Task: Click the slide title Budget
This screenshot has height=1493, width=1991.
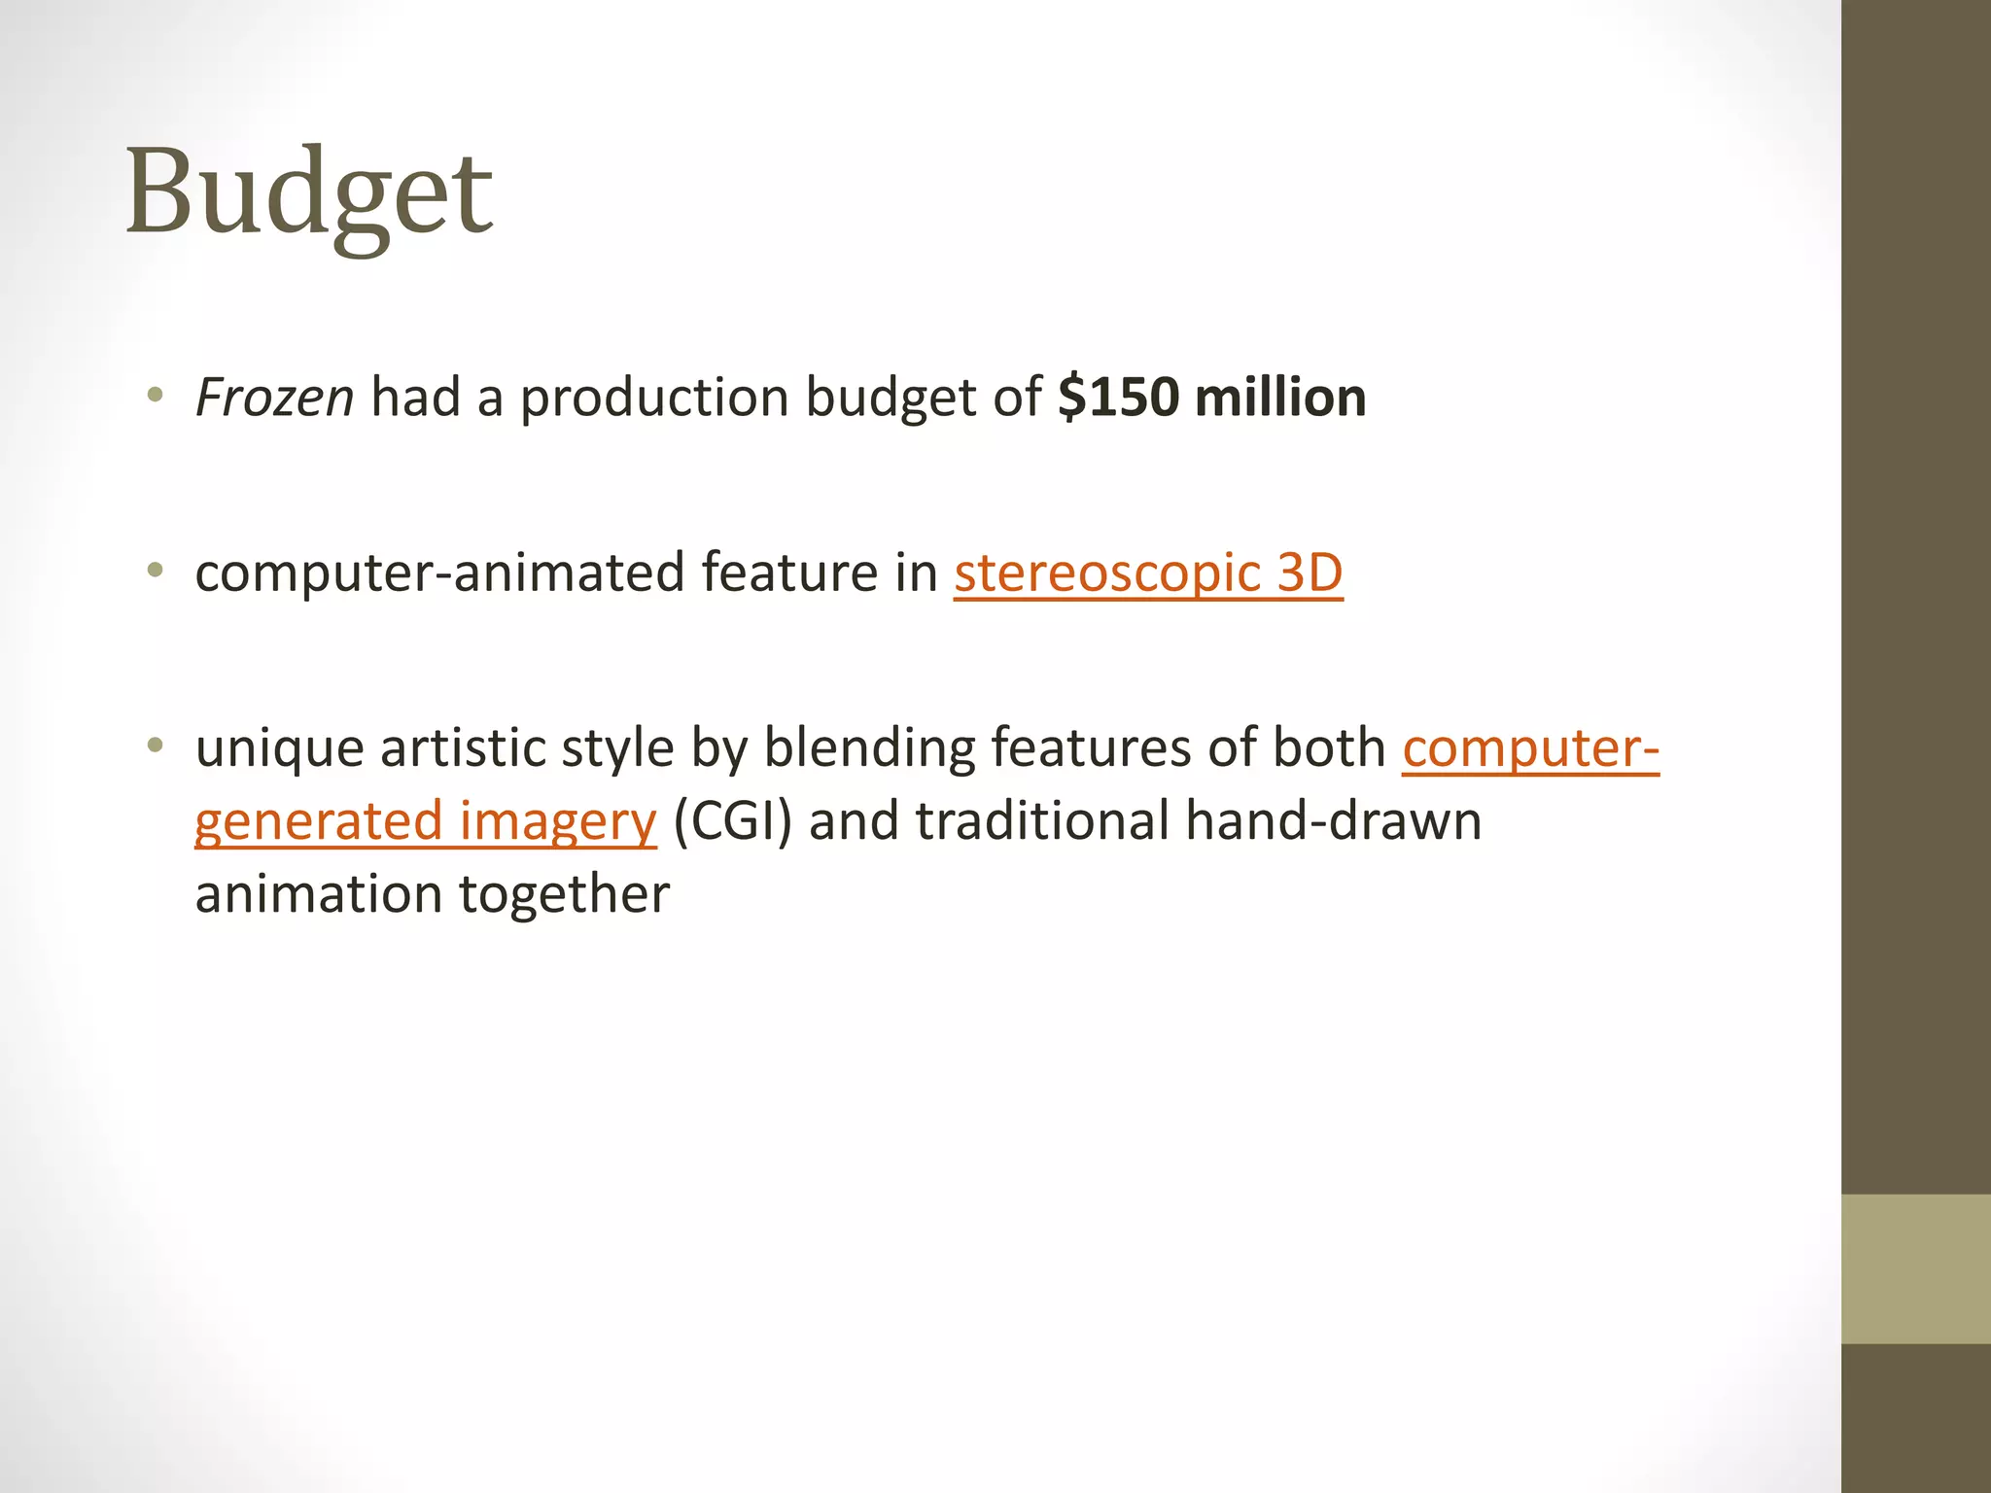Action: pyautogui.click(x=309, y=192)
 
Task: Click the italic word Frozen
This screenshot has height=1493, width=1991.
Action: pyautogui.click(x=274, y=399)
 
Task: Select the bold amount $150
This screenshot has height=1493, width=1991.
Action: pyautogui.click(x=1118, y=399)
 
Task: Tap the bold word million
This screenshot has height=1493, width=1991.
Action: pyautogui.click(x=1280, y=399)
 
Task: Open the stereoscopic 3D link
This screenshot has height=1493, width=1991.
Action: pyautogui.click(x=1148, y=573)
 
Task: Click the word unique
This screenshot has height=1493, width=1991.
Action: pyautogui.click(x=279, y=748)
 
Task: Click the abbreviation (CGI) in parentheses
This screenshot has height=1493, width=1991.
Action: pyautogui.click(x=732, y=821)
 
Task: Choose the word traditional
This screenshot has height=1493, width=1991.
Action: pyautogui.click(x=1042, y=821)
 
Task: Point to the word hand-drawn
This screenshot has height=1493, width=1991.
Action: pyautogui.click(x=1333, y=821)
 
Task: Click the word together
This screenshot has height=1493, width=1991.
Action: pyautogui.click(x=564, y=894)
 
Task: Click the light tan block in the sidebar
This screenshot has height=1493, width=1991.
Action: pyautogui.click(x=1915, y=1268)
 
